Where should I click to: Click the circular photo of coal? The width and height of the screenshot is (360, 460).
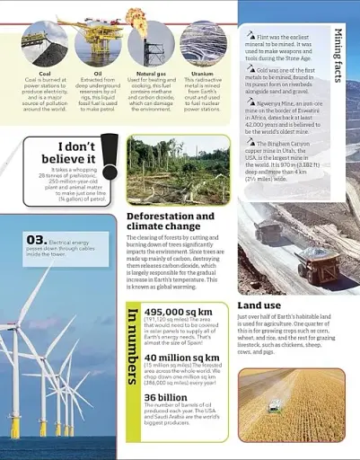point(44,44)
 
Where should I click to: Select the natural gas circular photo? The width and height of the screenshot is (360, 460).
point(150,43)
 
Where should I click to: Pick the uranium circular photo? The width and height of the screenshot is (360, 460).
point(203,43)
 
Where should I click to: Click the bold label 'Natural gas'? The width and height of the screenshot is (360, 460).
point(150,74)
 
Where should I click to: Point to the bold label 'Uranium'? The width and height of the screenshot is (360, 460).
point(203,74)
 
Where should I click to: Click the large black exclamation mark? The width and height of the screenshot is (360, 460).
point(110,156)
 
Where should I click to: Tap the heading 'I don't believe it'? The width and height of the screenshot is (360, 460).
point(65,153)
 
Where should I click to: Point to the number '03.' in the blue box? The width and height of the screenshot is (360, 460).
point(36,240)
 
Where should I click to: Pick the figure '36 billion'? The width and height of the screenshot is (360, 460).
point(165,397)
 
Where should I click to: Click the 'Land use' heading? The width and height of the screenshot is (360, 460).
point(259,305)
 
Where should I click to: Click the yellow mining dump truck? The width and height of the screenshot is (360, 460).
point(318,264)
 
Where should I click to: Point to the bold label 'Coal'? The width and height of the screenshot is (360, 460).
point(44,74)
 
